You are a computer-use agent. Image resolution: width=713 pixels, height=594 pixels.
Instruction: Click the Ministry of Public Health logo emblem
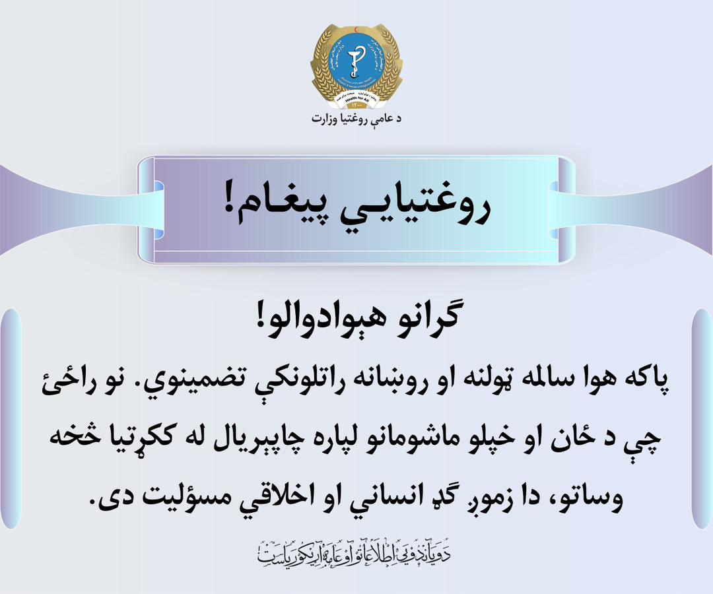(x=356, y=65)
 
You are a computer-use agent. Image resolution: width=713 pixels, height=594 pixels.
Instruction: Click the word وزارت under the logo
(x=329, y=119)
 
